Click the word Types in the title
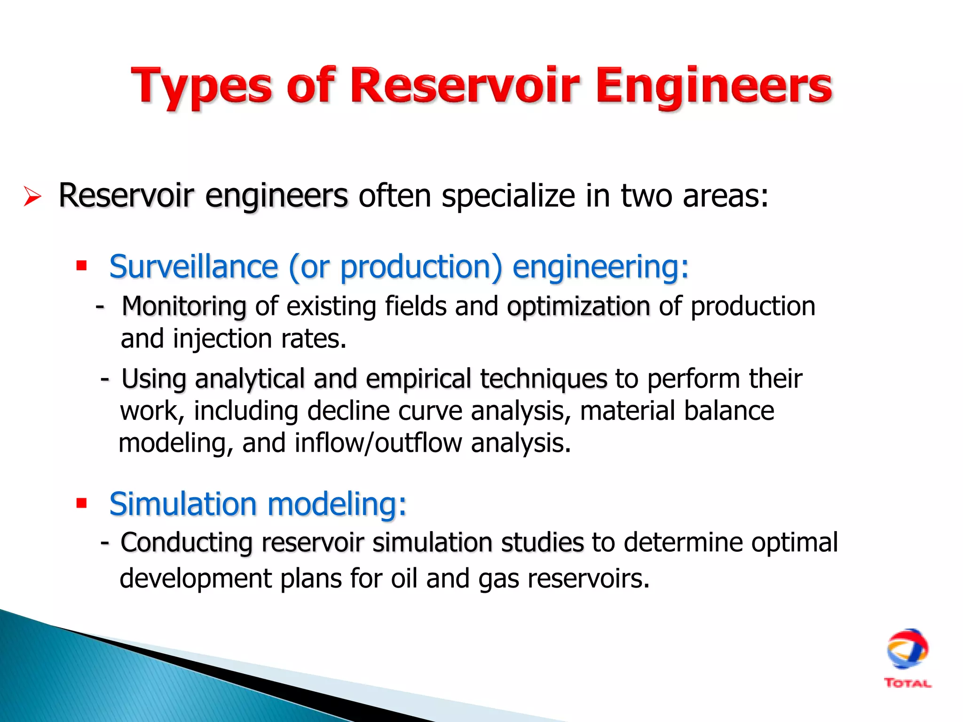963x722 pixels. (201, 87)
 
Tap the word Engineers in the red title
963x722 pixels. (714, 87)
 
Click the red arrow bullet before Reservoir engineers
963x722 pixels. (32, 196)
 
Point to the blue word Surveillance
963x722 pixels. (193, 267)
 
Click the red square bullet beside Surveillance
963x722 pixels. (82, 266)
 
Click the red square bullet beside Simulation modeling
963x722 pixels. (82, 503)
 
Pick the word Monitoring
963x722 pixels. (184, 306)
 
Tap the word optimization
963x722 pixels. (578, 306)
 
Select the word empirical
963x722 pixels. (418, 378)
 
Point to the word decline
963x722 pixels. (348, 411)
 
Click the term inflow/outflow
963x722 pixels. (378, 443)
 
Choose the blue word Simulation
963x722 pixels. (183, 504)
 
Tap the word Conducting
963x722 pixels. (187, 542)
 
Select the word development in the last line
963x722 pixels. (196, 578)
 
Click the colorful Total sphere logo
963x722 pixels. (907, 649)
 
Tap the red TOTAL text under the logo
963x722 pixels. (907, 683)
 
